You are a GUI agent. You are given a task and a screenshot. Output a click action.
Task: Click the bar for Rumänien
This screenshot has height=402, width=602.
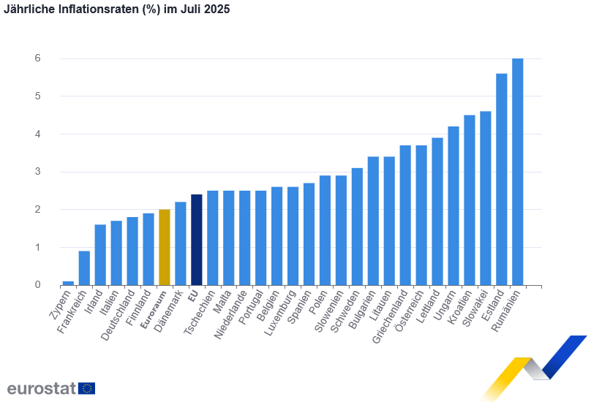tap(518, 172)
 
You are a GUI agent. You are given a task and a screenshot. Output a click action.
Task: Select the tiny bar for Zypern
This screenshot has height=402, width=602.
tap(68, 283)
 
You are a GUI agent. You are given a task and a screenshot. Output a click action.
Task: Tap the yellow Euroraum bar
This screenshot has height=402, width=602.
tap(165, 247)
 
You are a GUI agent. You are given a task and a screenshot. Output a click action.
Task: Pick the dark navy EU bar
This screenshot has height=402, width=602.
tap(197, 240)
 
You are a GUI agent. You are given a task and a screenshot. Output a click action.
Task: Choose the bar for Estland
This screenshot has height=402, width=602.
tap(502, 179)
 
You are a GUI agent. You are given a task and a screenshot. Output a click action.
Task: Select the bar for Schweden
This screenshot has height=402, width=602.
tap(357, 227)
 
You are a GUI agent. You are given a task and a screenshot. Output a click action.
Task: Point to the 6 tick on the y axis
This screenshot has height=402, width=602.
tap(37, 58)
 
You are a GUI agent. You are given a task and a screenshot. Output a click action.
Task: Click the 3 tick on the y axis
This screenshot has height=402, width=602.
tap(37, 172)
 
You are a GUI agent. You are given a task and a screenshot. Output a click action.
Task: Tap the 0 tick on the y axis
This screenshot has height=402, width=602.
tap(37, 285)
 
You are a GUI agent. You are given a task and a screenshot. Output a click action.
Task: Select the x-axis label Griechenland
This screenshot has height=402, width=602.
tap(392, 319)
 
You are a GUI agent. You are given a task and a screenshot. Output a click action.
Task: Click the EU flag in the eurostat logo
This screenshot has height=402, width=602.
tap(86, 388)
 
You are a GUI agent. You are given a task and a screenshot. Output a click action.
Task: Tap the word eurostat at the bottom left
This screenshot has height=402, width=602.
tap(41, 388)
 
